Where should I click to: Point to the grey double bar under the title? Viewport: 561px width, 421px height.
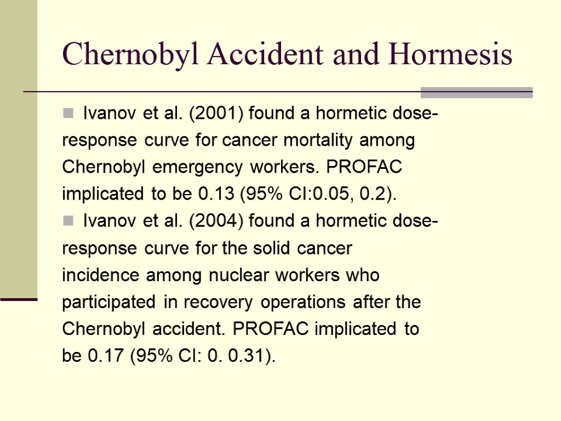pyautogui.click(x=477, y=93)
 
